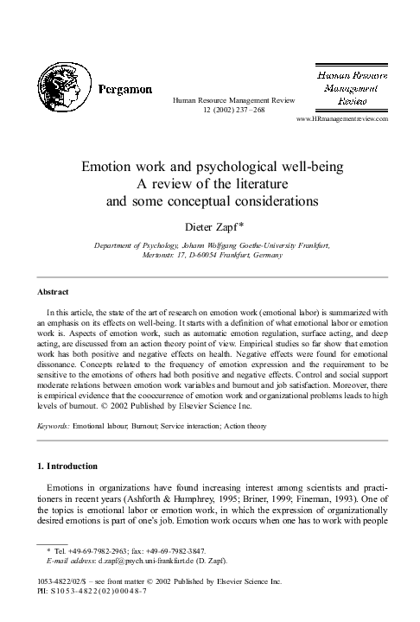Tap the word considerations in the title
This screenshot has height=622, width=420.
click(269, 201)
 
